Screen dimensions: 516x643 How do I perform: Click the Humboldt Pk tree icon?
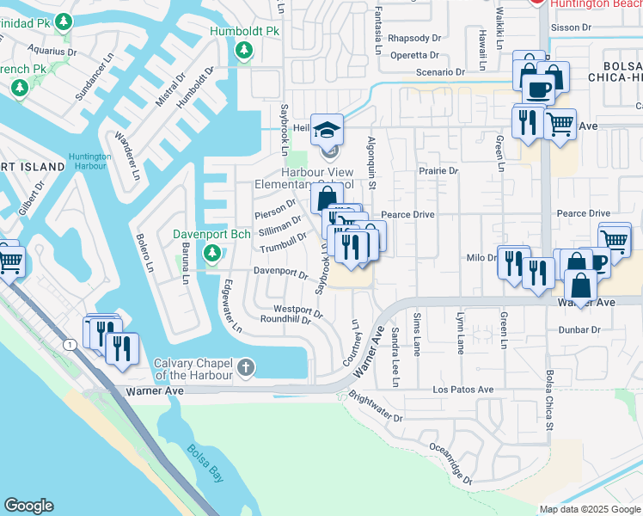pos(245,51)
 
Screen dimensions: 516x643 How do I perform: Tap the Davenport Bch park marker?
pos(211,254)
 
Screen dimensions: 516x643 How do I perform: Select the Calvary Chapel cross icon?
pos(246,369)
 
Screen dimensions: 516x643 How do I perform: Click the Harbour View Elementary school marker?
pos(327,131)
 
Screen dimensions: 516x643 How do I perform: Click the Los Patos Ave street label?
pos(462,390)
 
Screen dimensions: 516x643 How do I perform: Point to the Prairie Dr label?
pos(438,171)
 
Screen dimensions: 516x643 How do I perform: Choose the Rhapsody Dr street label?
pos(413,38)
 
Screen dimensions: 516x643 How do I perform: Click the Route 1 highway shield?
pos(68,344)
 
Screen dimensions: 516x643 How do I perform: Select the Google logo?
pos(28,506)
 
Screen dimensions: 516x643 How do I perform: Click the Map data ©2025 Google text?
pos(589,508)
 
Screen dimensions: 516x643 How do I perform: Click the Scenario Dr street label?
pos(440,73)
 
